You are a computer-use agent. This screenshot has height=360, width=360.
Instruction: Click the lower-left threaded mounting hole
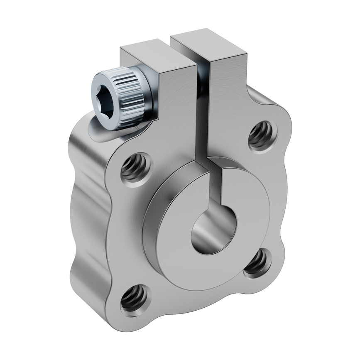tap(134, 299)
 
